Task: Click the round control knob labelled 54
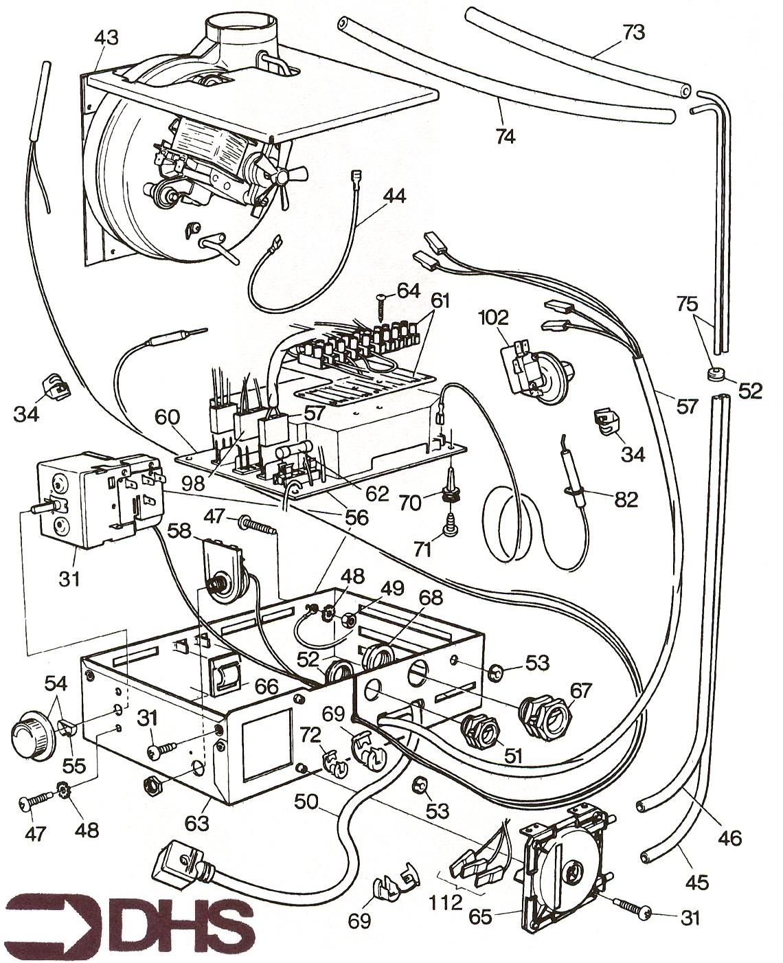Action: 30,736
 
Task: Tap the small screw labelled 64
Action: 381,302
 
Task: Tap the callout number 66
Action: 267,686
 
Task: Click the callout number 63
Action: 201,820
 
